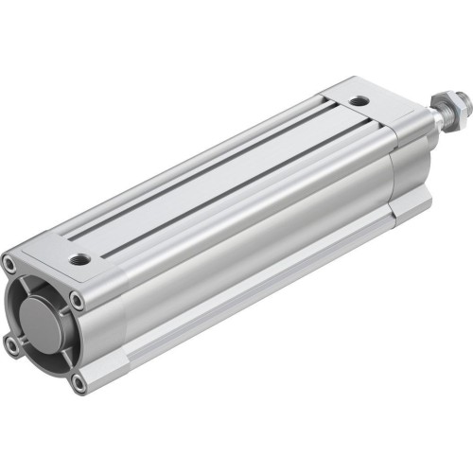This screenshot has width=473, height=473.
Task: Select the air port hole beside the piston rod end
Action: coord(359,101)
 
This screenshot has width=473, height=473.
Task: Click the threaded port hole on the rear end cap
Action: coord(80,257)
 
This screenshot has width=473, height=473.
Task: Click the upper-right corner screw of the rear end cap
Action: coord(78,301)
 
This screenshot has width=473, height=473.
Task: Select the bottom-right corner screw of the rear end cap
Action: coord(79,383)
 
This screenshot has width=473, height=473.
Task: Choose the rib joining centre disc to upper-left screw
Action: coord(23,284)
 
